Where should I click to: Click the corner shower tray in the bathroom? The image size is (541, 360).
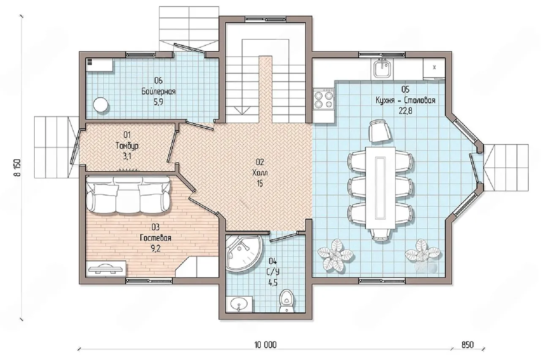click(x=243, y=253)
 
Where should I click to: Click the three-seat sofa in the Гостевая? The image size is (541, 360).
click(x=128, y=195)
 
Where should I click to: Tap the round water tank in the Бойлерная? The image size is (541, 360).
click(x=101, y=104)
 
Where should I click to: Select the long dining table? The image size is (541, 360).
click(x=380, y=188)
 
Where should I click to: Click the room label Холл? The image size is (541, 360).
click(x=260, y=173)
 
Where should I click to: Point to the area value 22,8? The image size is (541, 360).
click(x=405, y=111)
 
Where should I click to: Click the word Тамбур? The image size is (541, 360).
click(x=127, y=146)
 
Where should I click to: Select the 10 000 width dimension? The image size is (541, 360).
click(x=265, y=345)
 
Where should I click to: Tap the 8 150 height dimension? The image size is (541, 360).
click(x=18, y=168)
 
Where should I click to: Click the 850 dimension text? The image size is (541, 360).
click(x=467, y=345)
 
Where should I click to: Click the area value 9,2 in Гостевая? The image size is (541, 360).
click(x=156, y=248)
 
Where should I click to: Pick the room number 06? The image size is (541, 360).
click(x=158, y=80)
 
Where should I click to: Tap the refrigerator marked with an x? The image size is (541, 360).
click(x=434, y=68)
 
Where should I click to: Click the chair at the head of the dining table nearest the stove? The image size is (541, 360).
click(x=380, y=131)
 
